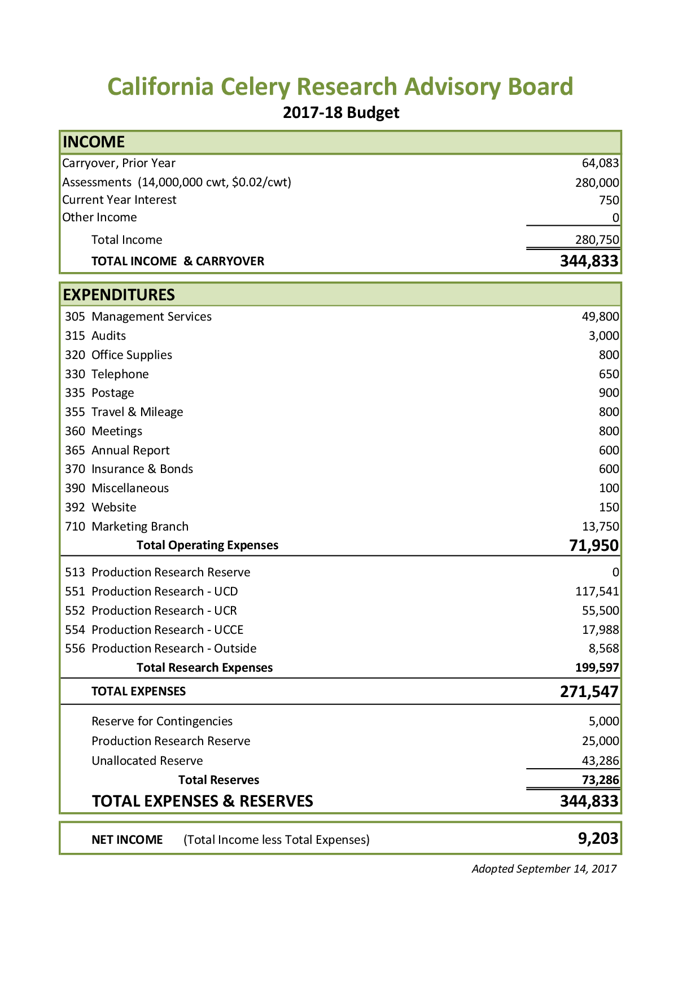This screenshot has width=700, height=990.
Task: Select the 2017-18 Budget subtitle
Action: point(341,112)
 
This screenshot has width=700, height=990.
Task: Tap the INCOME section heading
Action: point(94,142)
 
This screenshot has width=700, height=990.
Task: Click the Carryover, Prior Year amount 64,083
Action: point(600,163)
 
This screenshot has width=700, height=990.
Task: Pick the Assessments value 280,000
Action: point(597,183)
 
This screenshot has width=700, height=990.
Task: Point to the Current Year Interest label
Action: point(119,200)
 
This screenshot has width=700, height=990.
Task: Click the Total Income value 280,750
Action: point(597,240)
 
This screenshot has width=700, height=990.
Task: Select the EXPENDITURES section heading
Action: point(119,295)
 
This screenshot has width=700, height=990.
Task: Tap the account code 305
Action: point(75,317)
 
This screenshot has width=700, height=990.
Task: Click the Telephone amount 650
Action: point(609,374)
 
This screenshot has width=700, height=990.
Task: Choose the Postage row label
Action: point(112,393)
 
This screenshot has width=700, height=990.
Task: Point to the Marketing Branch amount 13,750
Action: point(600,527)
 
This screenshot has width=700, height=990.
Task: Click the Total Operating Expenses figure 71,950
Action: point(593,545)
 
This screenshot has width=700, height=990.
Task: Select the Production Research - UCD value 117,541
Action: point(597,592)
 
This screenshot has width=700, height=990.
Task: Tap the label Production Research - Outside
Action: point(174,649)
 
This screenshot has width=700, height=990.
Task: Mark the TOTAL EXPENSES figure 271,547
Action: point(589,691)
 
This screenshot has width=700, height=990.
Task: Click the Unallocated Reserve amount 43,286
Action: point(600,761)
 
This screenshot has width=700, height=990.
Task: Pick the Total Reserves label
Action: point(218,780)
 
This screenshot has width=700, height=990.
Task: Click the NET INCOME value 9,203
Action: point(598,839)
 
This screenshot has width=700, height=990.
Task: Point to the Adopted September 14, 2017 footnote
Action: point(544,869)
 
